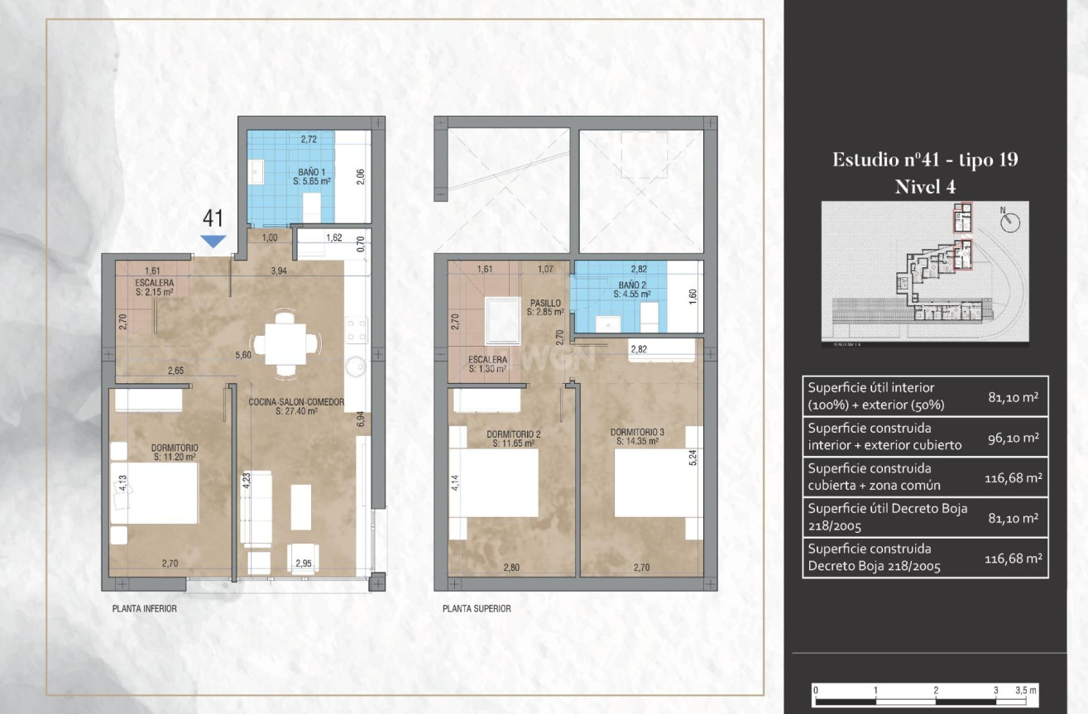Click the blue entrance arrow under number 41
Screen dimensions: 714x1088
pyautogui.click(x=214, y=241)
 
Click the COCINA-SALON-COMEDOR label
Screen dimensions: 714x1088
pyautogui.click(x=295, y=405)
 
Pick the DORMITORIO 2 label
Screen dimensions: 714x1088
pyautogui.click(x=514, y=438)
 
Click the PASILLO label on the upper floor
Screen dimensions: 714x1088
pyautogui.click(x=545, y=307)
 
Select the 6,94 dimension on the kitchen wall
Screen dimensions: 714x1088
pyautogui.click(x=362, y=419)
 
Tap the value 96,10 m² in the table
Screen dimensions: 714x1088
pyautogui.click(x=1014, y=437)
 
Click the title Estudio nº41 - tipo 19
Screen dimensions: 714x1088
pyautogui.click(x=925, y=161)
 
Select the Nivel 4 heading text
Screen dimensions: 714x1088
pyautogui.click(x=925, y=187)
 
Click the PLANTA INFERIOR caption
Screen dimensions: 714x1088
pyautogui.click(x=145, y=608)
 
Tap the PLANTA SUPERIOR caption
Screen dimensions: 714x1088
pyautogui.click(x=477, y=608)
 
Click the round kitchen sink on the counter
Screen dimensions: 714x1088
pyautogui.click(x=356, y=366)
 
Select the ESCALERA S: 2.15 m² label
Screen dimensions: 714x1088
pyautogui.click(x=154, y=287)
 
